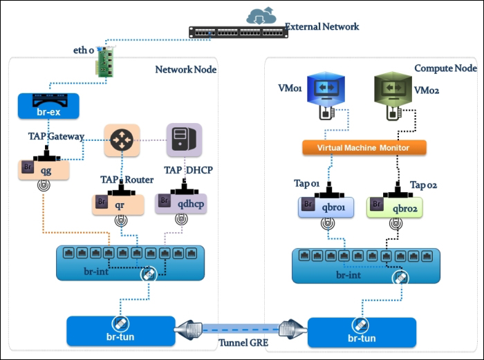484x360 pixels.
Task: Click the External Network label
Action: [x=322, y=27]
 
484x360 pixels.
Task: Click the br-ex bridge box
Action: [x=48, y=106]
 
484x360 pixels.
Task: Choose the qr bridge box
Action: [x=118, y=204]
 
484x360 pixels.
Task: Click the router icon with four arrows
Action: [x=122, y=141]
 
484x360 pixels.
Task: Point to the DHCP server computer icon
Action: [x=184, y=140]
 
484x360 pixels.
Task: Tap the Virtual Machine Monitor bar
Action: [x=364, y=147]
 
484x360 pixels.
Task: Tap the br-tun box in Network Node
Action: [x=120, y=331]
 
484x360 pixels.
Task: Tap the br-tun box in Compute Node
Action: [x=361, y=332]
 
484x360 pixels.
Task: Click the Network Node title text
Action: [x=185, y=69]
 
